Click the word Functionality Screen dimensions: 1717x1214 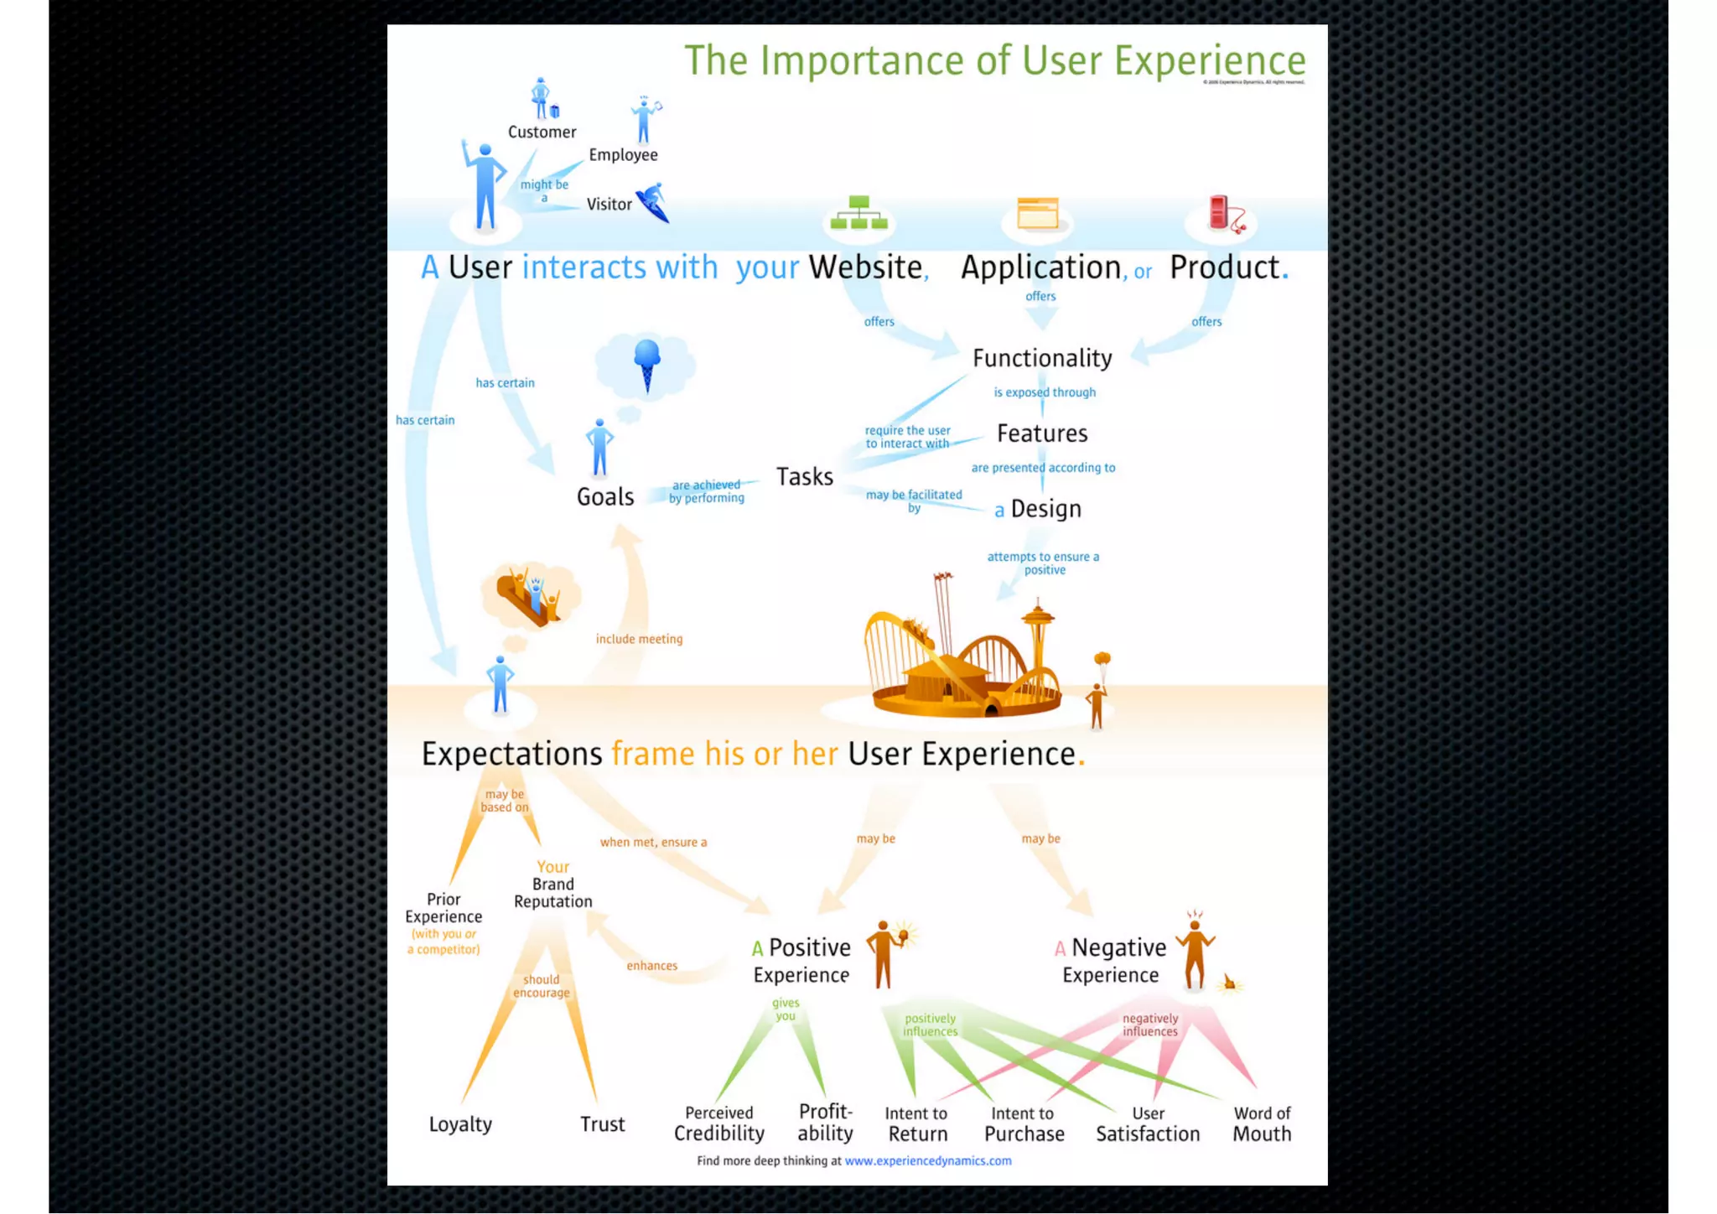point(1042,358)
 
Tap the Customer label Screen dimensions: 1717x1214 point(542,132)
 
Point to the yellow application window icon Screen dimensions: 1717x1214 point(1037,213)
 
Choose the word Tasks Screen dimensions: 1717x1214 point(804,476)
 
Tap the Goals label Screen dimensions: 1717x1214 point(604,496)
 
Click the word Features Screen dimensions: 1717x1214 point(1042,433)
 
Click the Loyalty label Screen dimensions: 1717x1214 point(460,1123)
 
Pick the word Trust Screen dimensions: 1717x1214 point(602,1123)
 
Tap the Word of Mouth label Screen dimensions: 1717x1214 point(1261,1123)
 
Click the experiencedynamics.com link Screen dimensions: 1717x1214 point(927,1161)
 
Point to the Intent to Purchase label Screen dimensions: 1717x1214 point(1024,1123)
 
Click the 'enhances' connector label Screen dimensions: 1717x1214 point(651,966)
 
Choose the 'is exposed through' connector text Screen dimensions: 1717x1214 point(1045,392)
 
